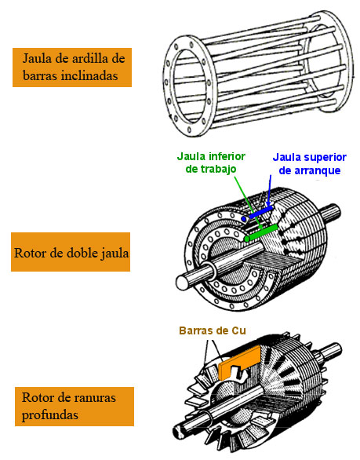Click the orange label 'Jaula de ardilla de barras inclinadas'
(71, 66)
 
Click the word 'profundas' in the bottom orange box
(51, 415)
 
